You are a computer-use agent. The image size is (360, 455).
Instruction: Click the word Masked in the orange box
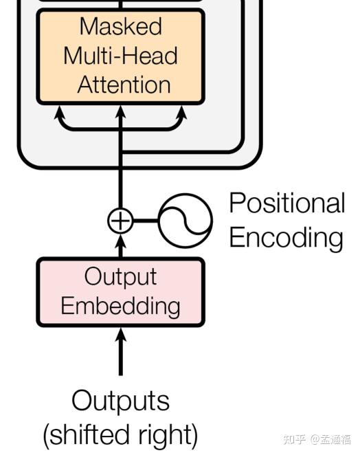click(x=120, y=26)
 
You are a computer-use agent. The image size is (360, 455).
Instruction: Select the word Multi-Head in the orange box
click(x=120, y=56)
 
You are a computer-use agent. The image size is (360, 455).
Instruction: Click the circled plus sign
click(x=120, y=221)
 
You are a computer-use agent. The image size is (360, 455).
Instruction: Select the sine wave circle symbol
click(x=185, y=221)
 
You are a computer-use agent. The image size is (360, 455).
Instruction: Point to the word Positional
click(x=286, y=203)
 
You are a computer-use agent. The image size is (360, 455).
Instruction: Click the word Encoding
click(x=285, y=238)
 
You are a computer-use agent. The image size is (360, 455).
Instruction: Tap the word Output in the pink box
click(x=120, y=276)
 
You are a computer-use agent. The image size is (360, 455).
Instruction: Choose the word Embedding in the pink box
click(x=120, y=305)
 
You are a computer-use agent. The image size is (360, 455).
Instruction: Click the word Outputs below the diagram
click(x=120, y=401)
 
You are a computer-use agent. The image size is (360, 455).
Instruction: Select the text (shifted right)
click(x=120, y=434)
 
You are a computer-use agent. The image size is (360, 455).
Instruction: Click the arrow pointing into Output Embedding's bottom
click(x=120, y=351)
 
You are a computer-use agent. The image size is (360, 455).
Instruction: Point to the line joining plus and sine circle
click(x=146, y=221)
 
